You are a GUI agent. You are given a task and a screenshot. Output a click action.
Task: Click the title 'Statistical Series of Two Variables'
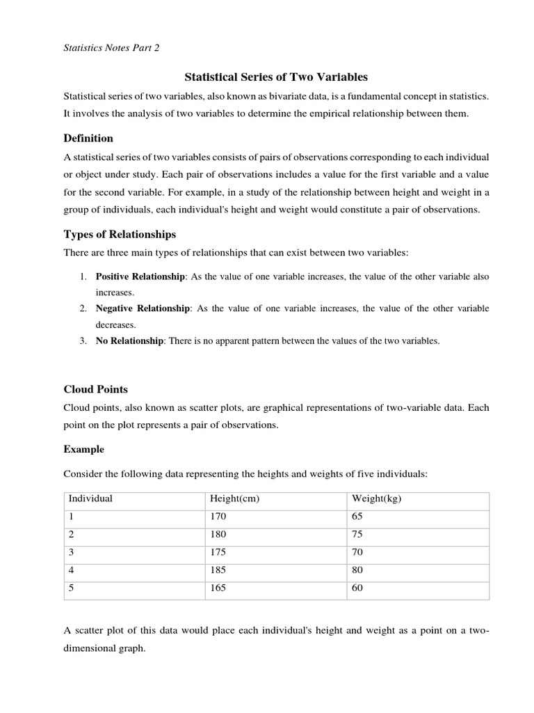point(275,77)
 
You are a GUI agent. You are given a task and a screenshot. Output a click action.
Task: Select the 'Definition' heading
point(88,138)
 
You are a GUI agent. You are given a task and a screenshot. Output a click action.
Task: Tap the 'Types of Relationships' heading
point(120,233)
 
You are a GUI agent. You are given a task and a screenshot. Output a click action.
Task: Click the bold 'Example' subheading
point(83,449)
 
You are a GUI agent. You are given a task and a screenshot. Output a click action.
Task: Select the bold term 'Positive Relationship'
point(140,276)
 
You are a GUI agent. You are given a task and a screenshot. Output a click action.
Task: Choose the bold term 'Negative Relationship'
point(142,308)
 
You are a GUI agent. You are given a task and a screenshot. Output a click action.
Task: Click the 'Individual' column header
point(90,499)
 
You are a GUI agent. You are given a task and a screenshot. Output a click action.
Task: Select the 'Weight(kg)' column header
point(377,499)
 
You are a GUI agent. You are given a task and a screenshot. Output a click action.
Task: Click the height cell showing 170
point(218,517)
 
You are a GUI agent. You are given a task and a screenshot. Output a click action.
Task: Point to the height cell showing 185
point(218,570)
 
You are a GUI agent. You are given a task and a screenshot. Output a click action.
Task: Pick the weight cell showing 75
point(358,534)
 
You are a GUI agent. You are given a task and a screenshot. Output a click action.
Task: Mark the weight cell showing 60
point(358,588)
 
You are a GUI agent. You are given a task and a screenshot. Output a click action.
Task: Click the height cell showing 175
point(218,552)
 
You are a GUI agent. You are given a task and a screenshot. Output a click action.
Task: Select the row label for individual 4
point(71,570)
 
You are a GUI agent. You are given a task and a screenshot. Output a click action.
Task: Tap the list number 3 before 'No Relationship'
point(82,340)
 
